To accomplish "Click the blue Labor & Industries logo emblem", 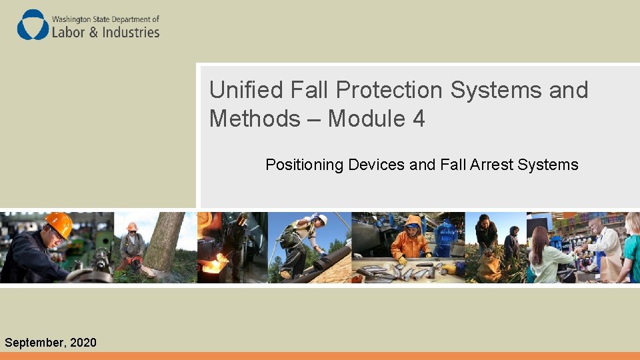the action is (33, 25).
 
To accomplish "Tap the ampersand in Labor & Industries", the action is (93, 32).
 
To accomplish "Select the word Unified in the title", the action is (246, 89).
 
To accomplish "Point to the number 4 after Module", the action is (419, 119).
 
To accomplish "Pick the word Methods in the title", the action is (255, 119).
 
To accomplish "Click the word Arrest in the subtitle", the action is (491, 165).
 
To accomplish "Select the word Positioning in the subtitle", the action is (304, 165).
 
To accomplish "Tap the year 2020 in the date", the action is (83, 342).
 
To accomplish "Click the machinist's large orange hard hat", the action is (59, 224).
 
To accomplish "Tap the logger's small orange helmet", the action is (132, 227).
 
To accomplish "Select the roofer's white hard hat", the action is (321, 219).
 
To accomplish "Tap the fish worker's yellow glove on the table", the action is (403, 261).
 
